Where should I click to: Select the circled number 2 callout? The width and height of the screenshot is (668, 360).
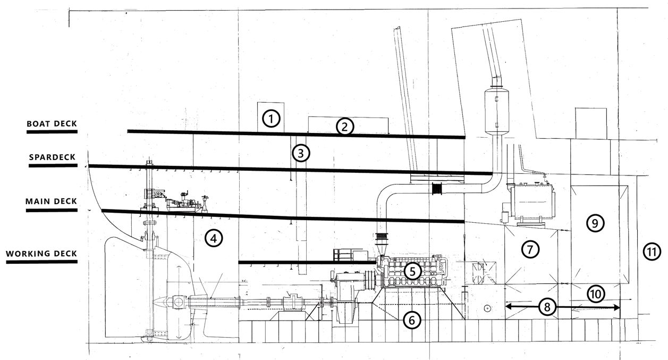pos(344,127)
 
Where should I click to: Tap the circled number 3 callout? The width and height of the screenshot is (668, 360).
pos(300,153)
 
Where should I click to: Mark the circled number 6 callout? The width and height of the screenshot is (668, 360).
pos(412,320)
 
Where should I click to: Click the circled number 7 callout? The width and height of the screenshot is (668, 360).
pos(530,248)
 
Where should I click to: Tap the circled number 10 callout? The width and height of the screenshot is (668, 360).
pos(596,293)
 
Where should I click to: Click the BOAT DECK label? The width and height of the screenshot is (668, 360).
pos(52,124)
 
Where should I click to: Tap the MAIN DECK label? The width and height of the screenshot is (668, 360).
pos(52,202)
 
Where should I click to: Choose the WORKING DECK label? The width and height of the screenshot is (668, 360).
pos(42,254)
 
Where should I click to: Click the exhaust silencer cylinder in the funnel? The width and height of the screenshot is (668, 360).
pos(497,109)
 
